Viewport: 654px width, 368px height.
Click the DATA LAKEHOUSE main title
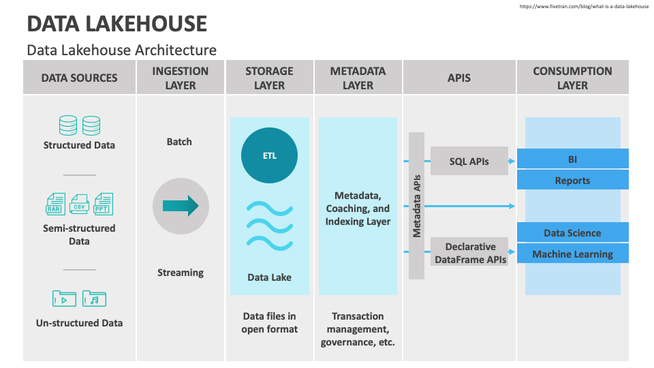click(116, 24)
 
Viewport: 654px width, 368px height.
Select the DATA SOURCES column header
click(79, 78)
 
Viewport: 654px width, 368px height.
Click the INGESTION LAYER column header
click(181, 78)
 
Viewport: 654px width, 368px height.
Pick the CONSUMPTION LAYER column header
click(572, 78)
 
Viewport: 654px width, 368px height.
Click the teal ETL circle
click(270, 155)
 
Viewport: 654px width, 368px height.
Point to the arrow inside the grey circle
click(181, 205)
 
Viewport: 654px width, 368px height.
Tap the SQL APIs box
click(469, 162)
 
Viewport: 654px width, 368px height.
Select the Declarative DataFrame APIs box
click(469, 252)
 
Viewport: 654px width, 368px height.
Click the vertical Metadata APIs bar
click(417, 206)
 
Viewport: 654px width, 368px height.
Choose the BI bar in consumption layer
click(572, 159)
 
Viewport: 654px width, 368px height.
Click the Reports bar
click(572, 181)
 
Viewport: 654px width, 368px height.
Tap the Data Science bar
click(572, 233)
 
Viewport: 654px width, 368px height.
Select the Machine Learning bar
click(572, 254)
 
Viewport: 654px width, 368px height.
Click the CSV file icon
click(80, 204)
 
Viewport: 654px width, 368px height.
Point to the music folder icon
click(94, 298)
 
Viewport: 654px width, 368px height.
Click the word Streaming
click(181, 273)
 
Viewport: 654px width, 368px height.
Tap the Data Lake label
click(270, 277)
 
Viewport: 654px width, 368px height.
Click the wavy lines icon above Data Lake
click(270, 224)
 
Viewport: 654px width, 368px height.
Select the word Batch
click(179, 142)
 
